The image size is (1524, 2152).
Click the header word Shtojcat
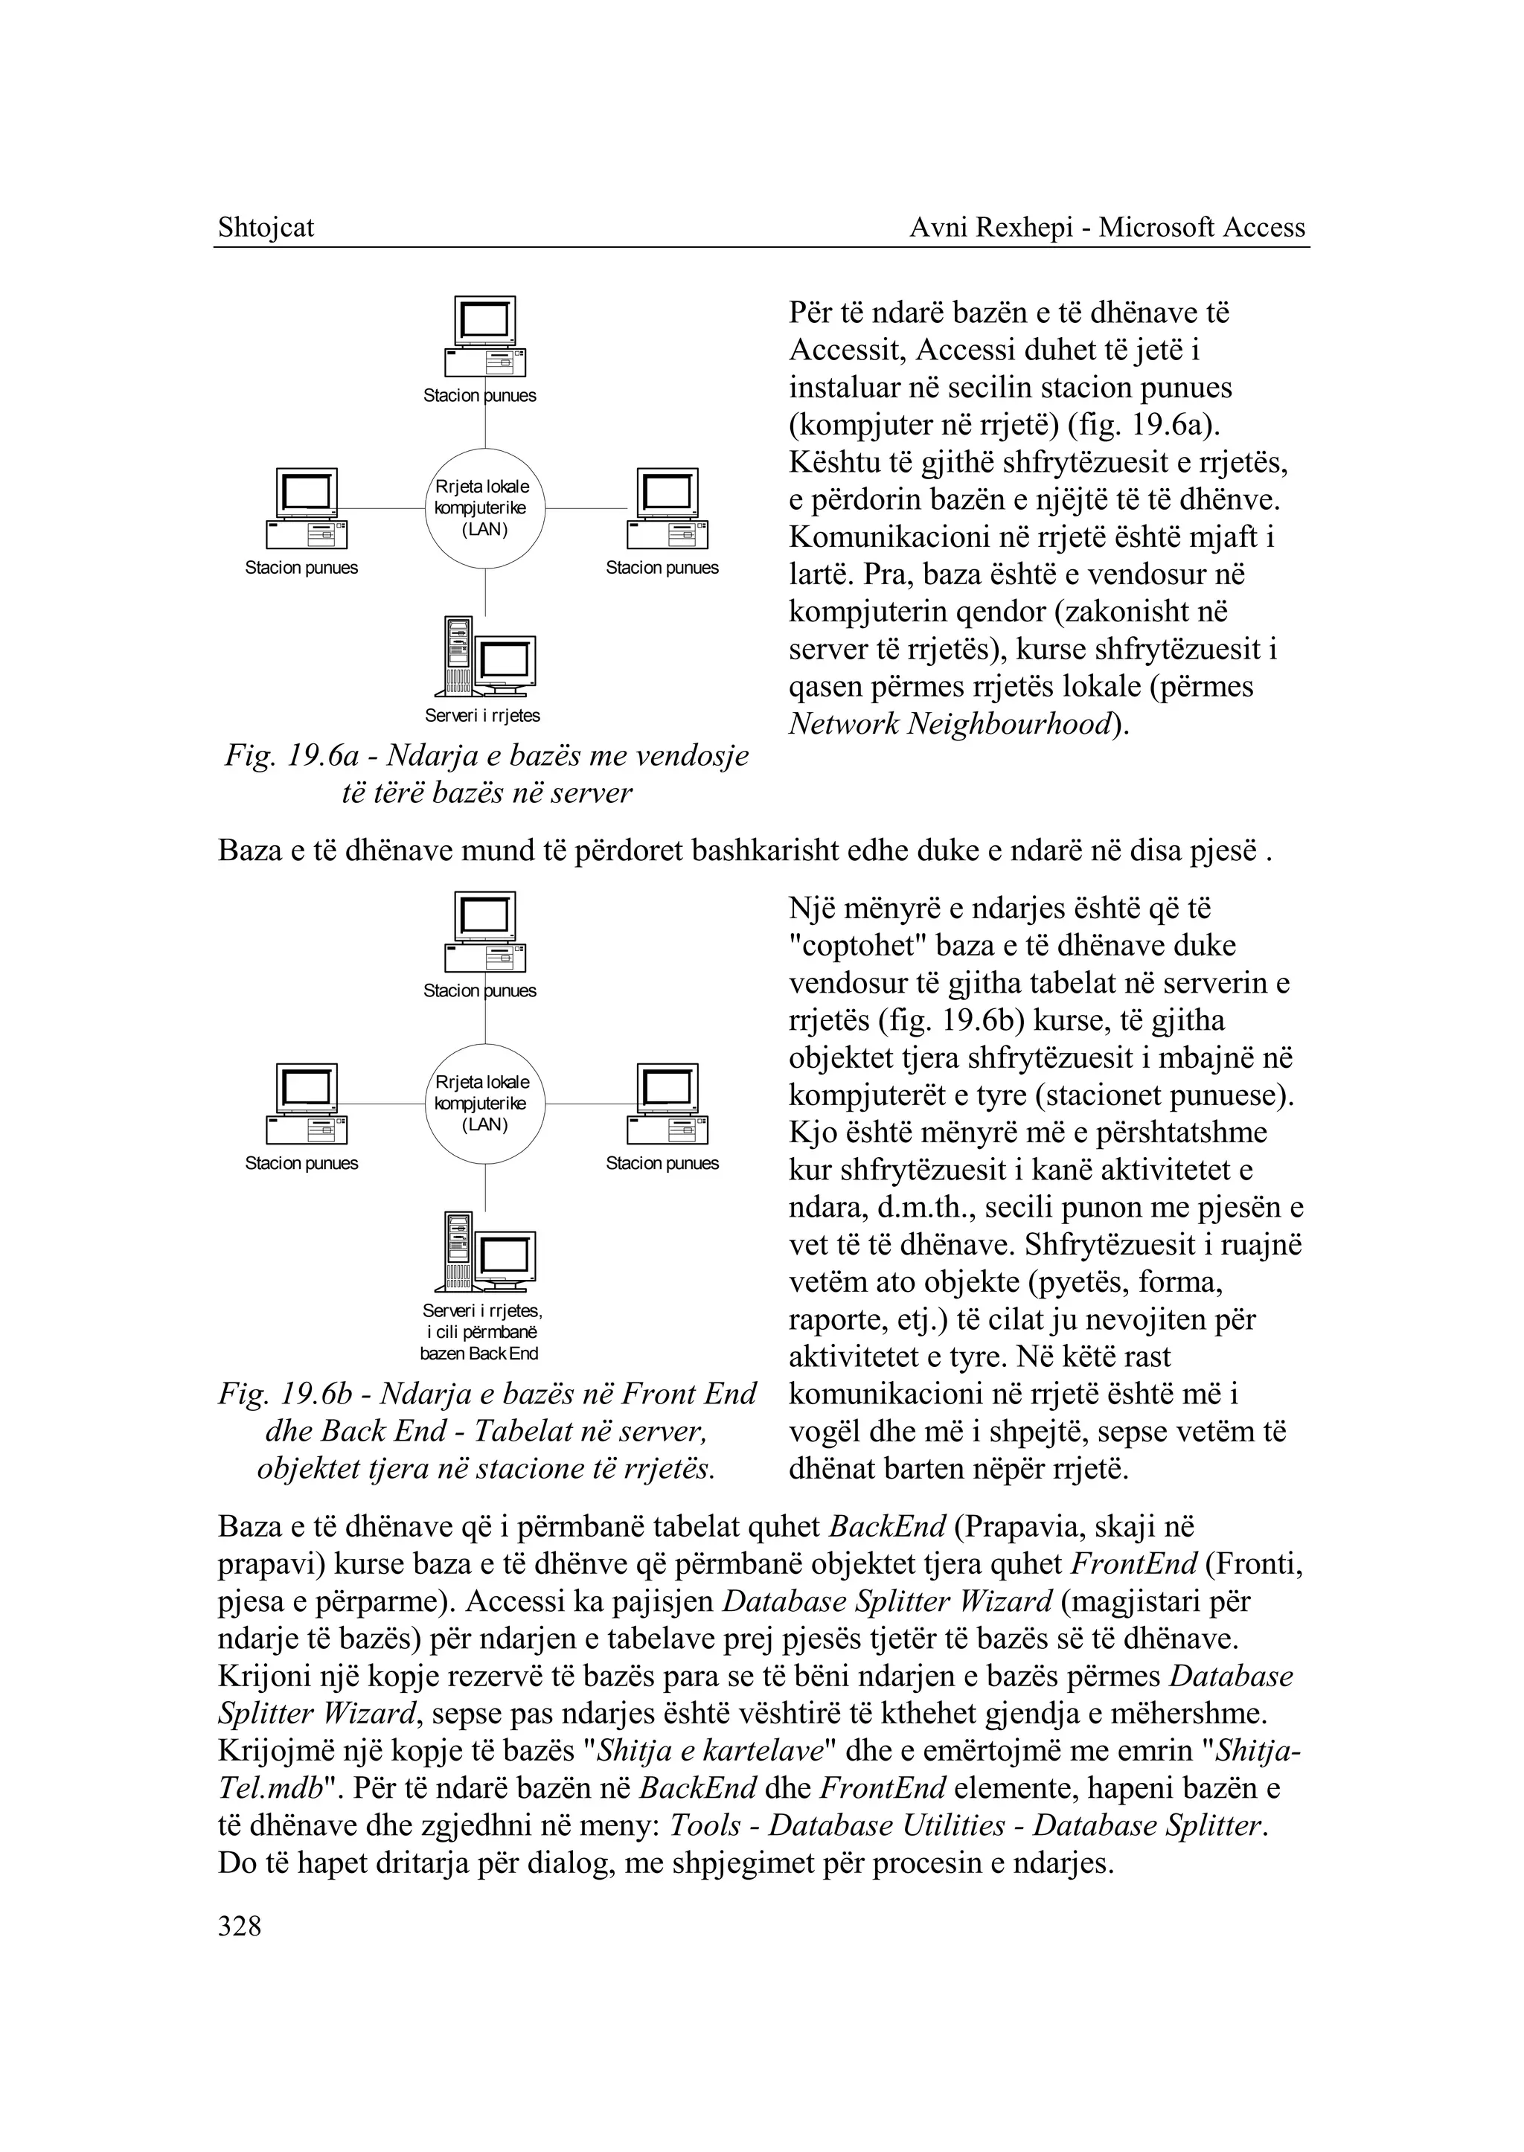[x=266, y=227]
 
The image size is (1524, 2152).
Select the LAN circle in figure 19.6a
[x=484, y=509]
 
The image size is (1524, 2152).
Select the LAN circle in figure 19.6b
[x=484, y=1104]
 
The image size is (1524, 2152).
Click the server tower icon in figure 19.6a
[x=459, y=655]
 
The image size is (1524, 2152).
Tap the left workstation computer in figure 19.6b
[x=306, y=1104]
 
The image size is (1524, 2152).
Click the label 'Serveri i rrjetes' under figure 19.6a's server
[x=482, y=715]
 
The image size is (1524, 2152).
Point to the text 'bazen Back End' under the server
[x=479, y=1354]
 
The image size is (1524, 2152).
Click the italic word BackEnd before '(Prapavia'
[x=888, y=1527]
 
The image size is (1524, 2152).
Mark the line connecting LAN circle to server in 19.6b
[x=485, y=1187]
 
